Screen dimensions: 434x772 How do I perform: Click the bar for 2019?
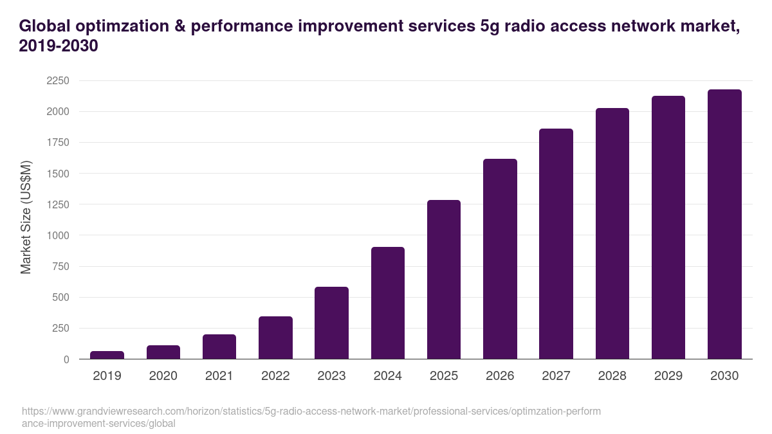(x=107, y=355)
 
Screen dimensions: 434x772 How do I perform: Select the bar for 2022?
(x=275, y=338)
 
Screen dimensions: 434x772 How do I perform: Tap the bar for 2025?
(x=444, y=280)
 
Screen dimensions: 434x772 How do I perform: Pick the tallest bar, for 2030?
(x=724, y=224)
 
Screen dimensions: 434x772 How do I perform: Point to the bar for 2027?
(x=556, y=244)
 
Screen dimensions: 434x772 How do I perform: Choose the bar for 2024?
(x=388, y=303)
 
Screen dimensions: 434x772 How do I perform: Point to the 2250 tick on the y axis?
(x=57, y=81)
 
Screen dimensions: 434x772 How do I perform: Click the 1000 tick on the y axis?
(x=57, y=235)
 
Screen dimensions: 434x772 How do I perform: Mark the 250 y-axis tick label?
(x=60, y=329)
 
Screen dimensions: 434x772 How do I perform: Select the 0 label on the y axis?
(x=66, y=359)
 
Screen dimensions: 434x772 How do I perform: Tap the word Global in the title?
(x=44, y=26)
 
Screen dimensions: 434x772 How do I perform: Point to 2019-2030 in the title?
(x=59, y=46)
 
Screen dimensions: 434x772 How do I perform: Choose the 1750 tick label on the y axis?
(x=57, y=143)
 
